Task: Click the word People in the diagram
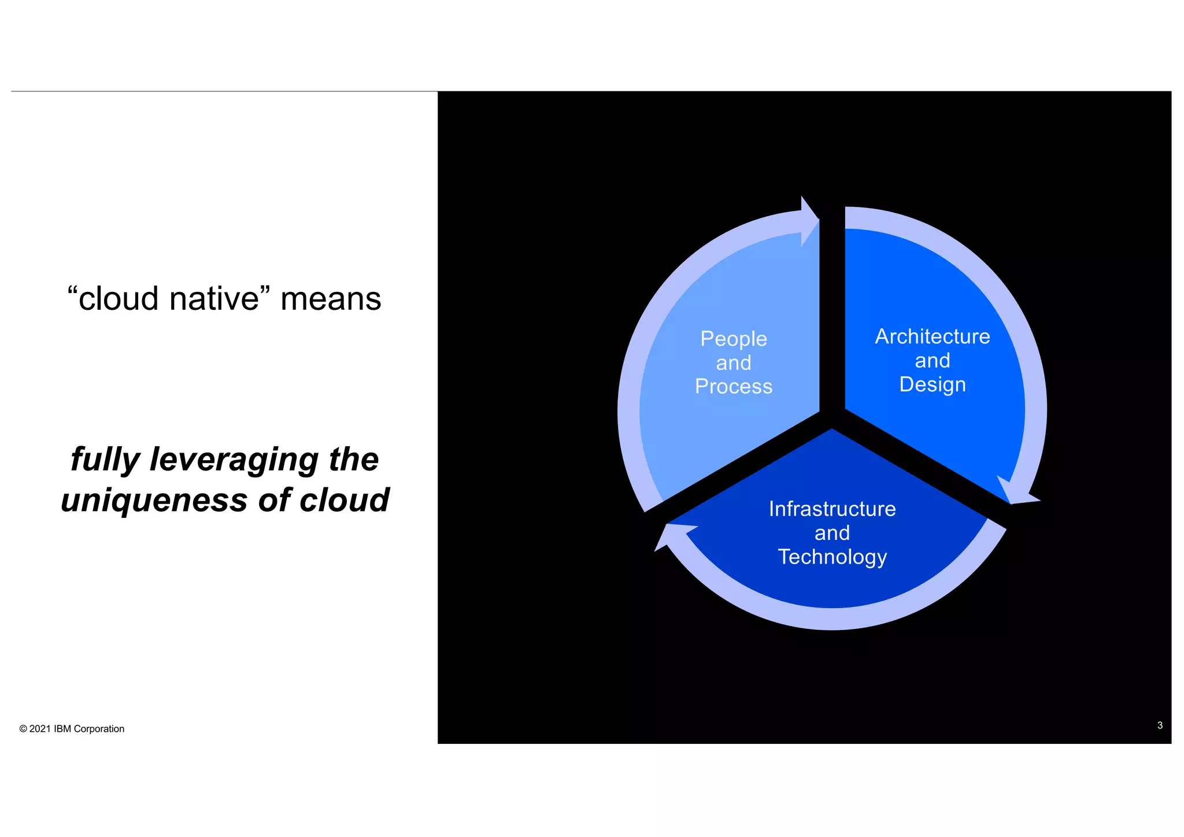click(733, 339)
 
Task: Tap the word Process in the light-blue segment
click(733, 387)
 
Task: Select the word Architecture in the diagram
click(932, 336)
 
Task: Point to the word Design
click(932, 385)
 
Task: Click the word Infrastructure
click(832, 509)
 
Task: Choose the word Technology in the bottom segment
click(832, 557)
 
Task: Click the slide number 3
click(1160, 725)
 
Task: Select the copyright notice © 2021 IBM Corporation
click(72, 729)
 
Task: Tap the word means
click(331, 299)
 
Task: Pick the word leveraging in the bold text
click(234, 460)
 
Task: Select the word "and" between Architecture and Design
click(932, 361)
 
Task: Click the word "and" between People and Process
click(733, 363)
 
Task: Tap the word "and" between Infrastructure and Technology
click(832, 533)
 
